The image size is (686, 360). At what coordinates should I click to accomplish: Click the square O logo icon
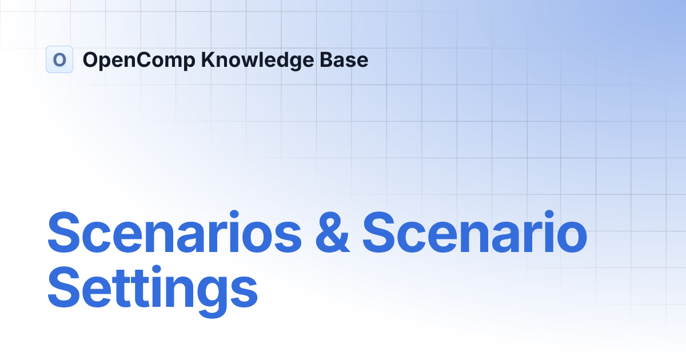click(59, 59)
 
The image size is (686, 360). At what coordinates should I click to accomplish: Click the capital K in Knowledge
click(208, 59)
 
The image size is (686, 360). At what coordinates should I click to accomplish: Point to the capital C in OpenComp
click(146, 59)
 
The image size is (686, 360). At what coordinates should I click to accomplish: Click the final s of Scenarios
click(288, 235)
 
